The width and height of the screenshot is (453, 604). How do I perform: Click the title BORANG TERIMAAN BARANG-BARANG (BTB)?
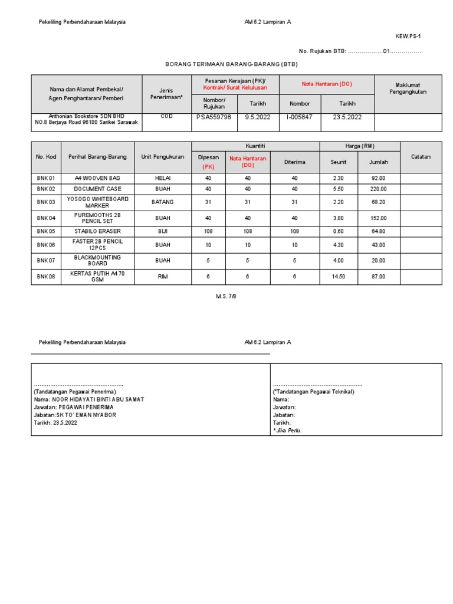coord(231,64)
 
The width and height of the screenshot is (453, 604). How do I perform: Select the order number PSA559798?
coord(214,117)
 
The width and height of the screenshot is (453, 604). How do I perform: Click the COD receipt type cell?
coord(166,117)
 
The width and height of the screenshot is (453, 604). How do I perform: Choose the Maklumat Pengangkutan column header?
coord(407,88)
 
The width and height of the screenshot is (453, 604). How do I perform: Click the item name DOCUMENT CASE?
coord(97,189)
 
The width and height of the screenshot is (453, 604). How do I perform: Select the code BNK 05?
coord(45,231)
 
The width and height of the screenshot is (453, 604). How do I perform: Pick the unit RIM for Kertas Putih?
coord(163,277)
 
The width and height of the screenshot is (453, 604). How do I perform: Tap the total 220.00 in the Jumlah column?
coord(379,189)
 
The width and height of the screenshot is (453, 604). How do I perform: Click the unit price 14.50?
coord(339,277)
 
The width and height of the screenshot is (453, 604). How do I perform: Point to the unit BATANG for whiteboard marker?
coord(163,202)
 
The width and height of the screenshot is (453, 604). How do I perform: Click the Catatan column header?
coord(421,157)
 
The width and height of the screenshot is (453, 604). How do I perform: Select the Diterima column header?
coord(294,162)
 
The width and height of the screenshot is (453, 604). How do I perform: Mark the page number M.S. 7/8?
coord(226,297)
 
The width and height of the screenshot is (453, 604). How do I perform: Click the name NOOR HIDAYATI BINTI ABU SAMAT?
coord(98,399)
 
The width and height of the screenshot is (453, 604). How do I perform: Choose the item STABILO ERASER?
coord(97,231)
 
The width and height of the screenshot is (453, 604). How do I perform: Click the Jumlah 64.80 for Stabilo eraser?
coord(379,231)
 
